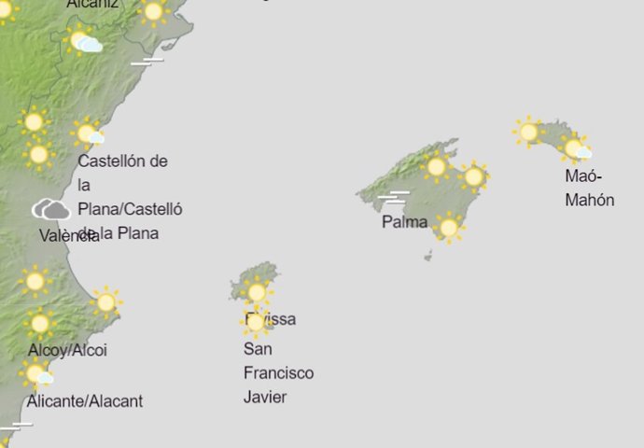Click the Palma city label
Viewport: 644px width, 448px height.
404,222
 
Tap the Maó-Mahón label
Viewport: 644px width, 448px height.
589,188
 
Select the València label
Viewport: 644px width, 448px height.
68,236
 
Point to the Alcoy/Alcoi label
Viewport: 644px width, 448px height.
67,350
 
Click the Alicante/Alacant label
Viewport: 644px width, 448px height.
85,401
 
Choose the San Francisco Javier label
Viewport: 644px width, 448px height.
278,372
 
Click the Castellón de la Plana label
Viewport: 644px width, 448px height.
129,196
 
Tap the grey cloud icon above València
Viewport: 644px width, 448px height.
50,210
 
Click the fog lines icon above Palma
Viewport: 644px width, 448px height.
395,197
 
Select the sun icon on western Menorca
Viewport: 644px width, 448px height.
528,132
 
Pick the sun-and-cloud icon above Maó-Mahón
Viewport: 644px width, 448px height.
576,147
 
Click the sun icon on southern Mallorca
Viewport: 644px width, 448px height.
449,227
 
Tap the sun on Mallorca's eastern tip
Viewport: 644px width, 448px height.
473,175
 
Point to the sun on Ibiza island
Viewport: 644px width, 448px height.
256,292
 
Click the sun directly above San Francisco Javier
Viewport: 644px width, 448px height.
255,322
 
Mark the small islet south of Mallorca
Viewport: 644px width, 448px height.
427,255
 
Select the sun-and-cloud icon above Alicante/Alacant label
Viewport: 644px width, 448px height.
37,375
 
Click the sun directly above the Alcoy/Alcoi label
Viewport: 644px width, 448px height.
39,323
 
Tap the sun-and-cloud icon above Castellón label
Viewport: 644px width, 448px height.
89,134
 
